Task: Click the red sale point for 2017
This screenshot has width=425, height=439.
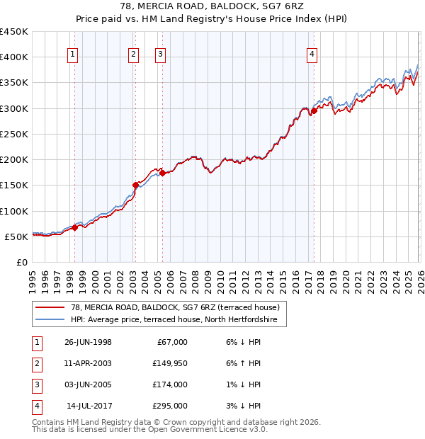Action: [x=314, y=110]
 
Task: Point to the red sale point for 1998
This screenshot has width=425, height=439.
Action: [x=75, y=227]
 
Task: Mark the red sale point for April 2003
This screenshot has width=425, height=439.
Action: [x=135, y=185]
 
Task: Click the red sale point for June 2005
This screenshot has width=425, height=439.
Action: [x=162, y=172]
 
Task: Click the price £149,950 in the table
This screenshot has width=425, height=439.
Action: [x=171, y=363]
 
